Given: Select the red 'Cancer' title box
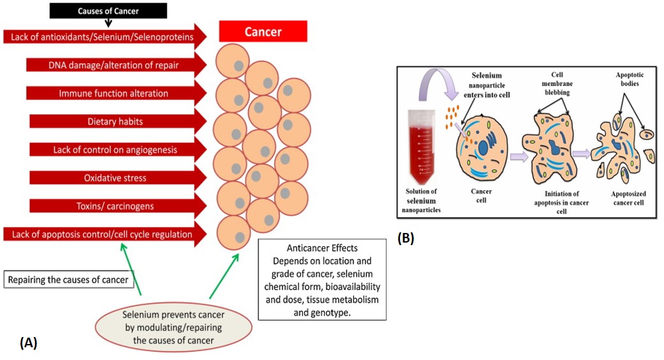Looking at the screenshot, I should click(x=263, y=31).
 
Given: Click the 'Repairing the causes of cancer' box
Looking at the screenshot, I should click(x=70, y=280).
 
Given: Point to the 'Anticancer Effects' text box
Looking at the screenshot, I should click(x=322, y=280).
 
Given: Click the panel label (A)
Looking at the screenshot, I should click(x=29, y=343).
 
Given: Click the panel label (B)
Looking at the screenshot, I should click(x=406, y=239).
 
